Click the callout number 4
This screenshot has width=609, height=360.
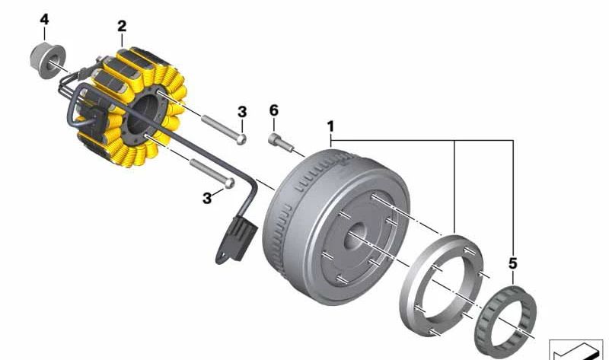click(44, 20)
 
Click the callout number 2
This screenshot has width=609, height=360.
click(122, 27)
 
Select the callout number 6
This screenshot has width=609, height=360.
click(274, 110)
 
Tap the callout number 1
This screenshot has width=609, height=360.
click(330, 126)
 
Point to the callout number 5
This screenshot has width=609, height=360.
click(512, 263)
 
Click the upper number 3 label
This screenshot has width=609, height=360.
click(242, 112)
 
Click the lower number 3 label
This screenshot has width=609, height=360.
click(207, 199)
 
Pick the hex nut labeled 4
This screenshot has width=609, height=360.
click(48, 61)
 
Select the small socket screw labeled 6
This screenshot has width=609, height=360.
click(280, 143)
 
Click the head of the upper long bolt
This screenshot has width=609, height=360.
click(241, 139)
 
